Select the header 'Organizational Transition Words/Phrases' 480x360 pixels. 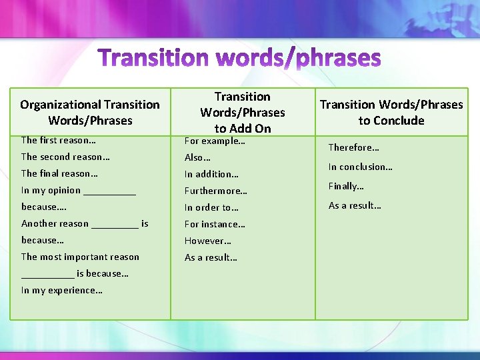(x=90, y=113)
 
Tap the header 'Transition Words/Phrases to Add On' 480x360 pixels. (x=242, y=113)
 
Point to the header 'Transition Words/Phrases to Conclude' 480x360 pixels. (x=391, y=113)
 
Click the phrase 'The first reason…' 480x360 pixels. (x=59, y=140)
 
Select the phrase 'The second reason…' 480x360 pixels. (x=65, y=157)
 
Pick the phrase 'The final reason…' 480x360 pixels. (x=59, y=173)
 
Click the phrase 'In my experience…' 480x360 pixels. (x=62, y=290)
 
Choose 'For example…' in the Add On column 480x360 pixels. (x=215, y=141)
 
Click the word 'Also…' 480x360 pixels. (x=197, y=158)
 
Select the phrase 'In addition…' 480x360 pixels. (x=211, y=175)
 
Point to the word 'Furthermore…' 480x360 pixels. (x=216, y=191)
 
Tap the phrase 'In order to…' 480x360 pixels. (x=211, y=207)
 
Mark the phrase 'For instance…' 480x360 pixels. (x=215, y=224)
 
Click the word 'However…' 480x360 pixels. (x=208, y=241)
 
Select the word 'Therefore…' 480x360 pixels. (x=353, y=148)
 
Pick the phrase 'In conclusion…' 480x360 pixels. (x=360, y=167)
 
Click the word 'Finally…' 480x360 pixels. (x=346, y=186)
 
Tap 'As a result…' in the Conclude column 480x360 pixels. (x=355, y=205)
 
